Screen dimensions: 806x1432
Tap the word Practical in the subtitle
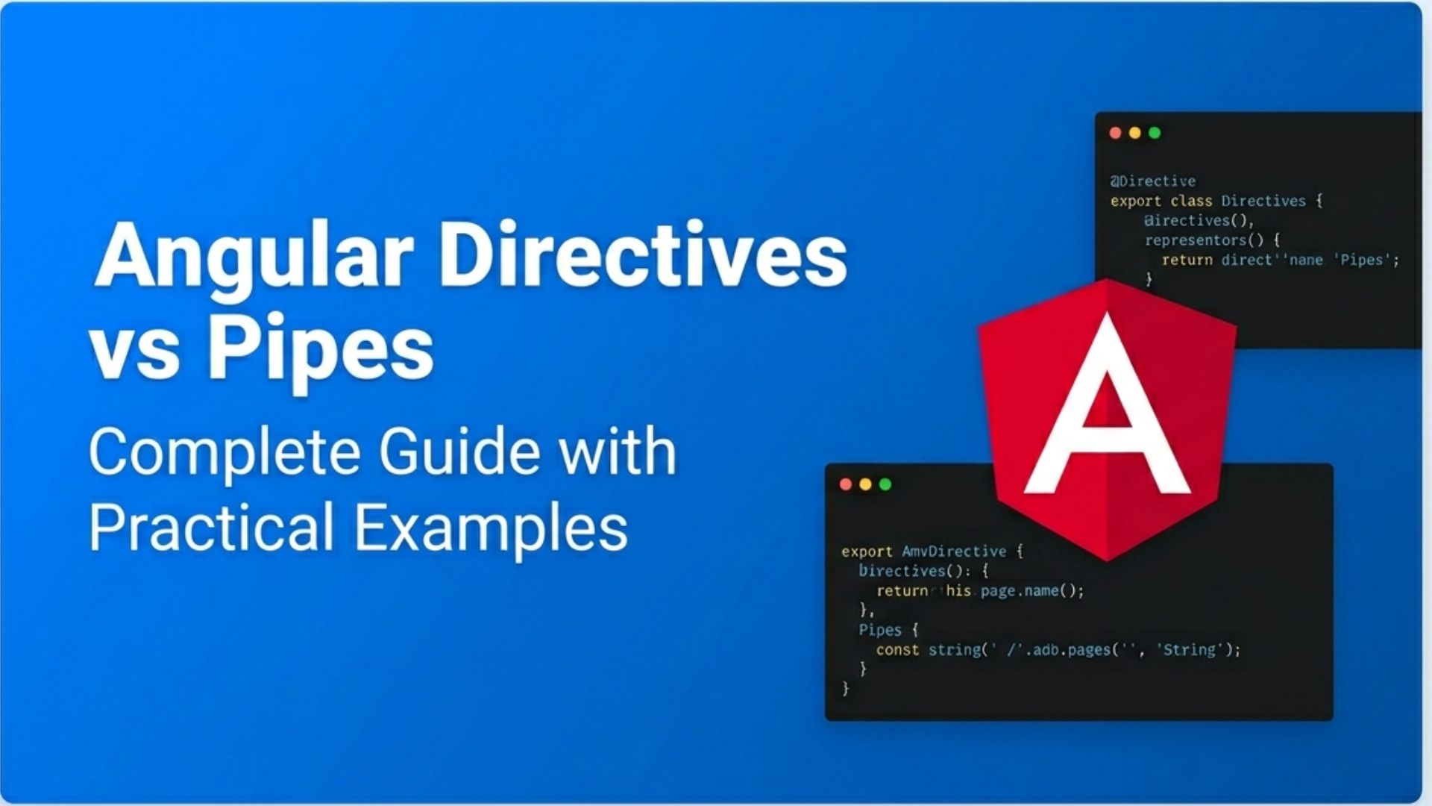point(211,527)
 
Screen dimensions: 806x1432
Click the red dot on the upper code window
point(1116,133)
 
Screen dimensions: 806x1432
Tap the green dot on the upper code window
point(1155,133)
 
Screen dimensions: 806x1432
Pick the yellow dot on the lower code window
point(865,484)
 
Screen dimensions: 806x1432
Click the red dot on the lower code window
point(846,484)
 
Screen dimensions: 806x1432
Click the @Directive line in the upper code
point(1153,181)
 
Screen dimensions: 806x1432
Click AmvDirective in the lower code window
point(954,552)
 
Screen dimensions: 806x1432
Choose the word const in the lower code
point(897,650)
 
